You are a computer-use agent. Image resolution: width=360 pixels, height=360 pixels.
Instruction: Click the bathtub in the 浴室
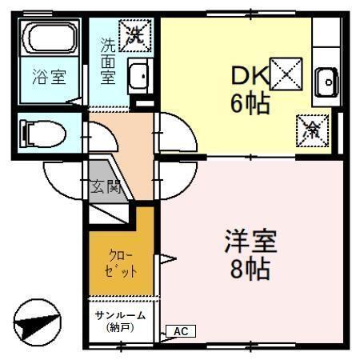pos(50,38)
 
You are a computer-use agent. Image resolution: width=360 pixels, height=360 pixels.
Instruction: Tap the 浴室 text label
pos(49,77)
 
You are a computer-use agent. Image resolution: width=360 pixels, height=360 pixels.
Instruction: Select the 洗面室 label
pos(108,62)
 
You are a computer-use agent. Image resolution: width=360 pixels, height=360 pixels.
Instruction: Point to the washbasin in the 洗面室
pos(138,76)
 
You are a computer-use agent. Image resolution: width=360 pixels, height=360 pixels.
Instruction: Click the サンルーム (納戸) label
pos(118,321)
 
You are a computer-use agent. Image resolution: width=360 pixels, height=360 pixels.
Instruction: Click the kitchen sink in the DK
pos(326,80)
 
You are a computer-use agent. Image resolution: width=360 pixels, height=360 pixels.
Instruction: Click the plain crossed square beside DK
pos(286,74)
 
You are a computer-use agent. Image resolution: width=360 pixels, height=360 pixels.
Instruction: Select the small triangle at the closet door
pos(167,258)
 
